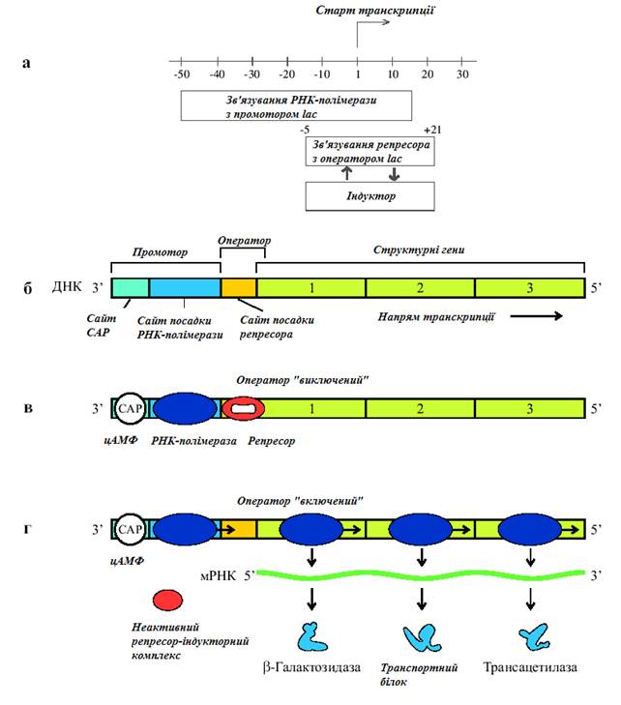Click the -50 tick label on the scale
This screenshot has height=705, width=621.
(181, 74)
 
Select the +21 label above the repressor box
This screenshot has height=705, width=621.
(433, 129)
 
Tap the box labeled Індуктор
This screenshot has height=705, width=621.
(370, 195)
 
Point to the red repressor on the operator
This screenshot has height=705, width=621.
(243, 409)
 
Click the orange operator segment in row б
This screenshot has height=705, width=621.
(239, 287)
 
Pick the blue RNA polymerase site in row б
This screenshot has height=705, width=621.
(185, 287)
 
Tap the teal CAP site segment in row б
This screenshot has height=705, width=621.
(131, 287)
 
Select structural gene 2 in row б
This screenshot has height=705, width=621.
(420, 287)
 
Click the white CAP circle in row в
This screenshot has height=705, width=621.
(130, 409)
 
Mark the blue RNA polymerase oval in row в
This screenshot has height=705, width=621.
(187, 409)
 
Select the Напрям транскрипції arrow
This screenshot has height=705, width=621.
(538, 314)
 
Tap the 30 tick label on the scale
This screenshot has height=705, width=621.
(462, 74)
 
